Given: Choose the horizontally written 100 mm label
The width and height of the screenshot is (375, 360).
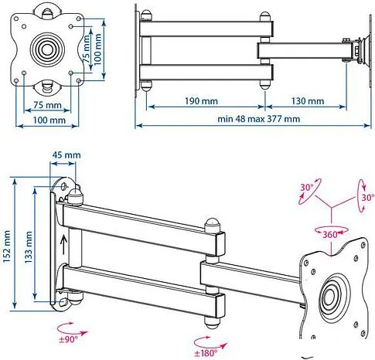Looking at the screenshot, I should (47, 121).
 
